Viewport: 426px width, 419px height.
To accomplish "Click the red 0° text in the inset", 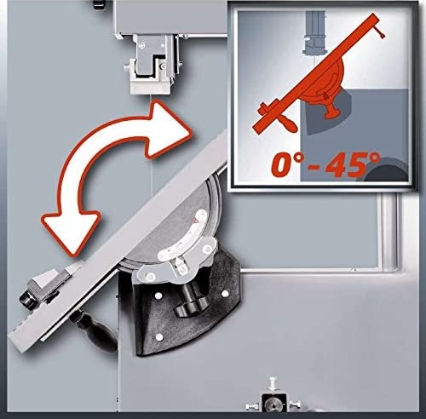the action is point(287,164).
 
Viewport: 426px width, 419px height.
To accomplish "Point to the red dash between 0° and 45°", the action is point(315,168).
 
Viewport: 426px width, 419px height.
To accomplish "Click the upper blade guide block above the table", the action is point(150,64).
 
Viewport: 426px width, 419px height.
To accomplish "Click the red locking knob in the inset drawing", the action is point(331,111).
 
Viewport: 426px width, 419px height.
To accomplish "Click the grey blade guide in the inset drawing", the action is point(316,33).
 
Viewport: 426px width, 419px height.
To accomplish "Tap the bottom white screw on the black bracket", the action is point(159,337).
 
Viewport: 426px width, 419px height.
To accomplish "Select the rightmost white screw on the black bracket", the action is point(225,294).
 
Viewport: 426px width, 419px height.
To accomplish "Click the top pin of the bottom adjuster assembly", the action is point(273,383).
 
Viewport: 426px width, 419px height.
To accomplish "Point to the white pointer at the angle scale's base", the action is point(178,262).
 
